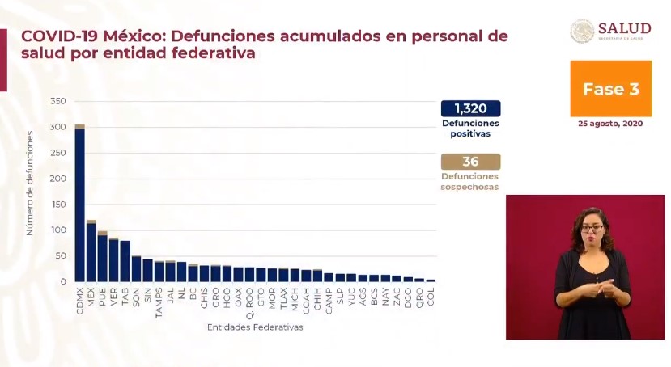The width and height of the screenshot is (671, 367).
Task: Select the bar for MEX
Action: pos(91,251)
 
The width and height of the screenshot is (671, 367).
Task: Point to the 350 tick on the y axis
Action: pos(57,101)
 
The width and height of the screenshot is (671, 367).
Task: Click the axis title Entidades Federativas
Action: pos(254,327)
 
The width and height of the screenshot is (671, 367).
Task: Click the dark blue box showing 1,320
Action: pos(470,108)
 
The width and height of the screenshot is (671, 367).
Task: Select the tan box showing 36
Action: pos(470,162)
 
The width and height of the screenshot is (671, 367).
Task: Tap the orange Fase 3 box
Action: pos(610,89)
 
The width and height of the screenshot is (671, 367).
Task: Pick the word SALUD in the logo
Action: pos(624,28)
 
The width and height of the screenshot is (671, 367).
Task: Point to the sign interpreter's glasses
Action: pos(592,228)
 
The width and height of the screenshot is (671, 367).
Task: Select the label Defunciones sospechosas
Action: pos(469,182)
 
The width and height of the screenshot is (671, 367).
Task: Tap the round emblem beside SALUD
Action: pos(582,31)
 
